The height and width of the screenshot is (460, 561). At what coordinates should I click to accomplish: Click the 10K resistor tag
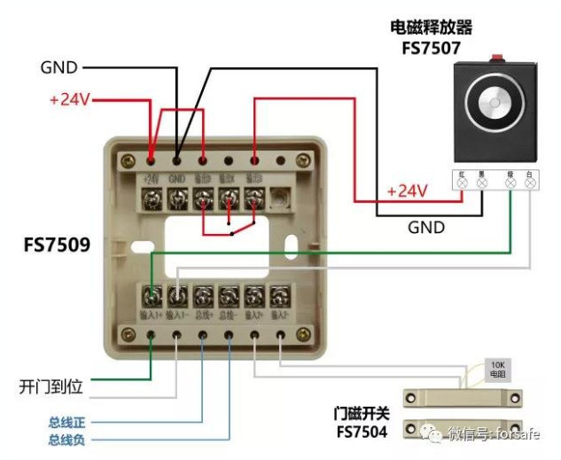click(499, 370)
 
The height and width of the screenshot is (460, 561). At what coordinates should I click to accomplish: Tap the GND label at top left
click(59, 67)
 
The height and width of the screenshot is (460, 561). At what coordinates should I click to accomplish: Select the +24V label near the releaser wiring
click(407, 191)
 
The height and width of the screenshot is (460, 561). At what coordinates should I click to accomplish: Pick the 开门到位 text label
click(51, 387)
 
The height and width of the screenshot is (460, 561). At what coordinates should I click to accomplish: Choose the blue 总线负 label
click(67, 440)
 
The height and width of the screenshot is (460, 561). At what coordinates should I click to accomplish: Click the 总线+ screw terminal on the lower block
click(204, 295)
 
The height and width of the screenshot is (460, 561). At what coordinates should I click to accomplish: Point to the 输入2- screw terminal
click(280, 295)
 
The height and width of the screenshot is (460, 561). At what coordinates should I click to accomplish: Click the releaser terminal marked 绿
click(510, 183)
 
